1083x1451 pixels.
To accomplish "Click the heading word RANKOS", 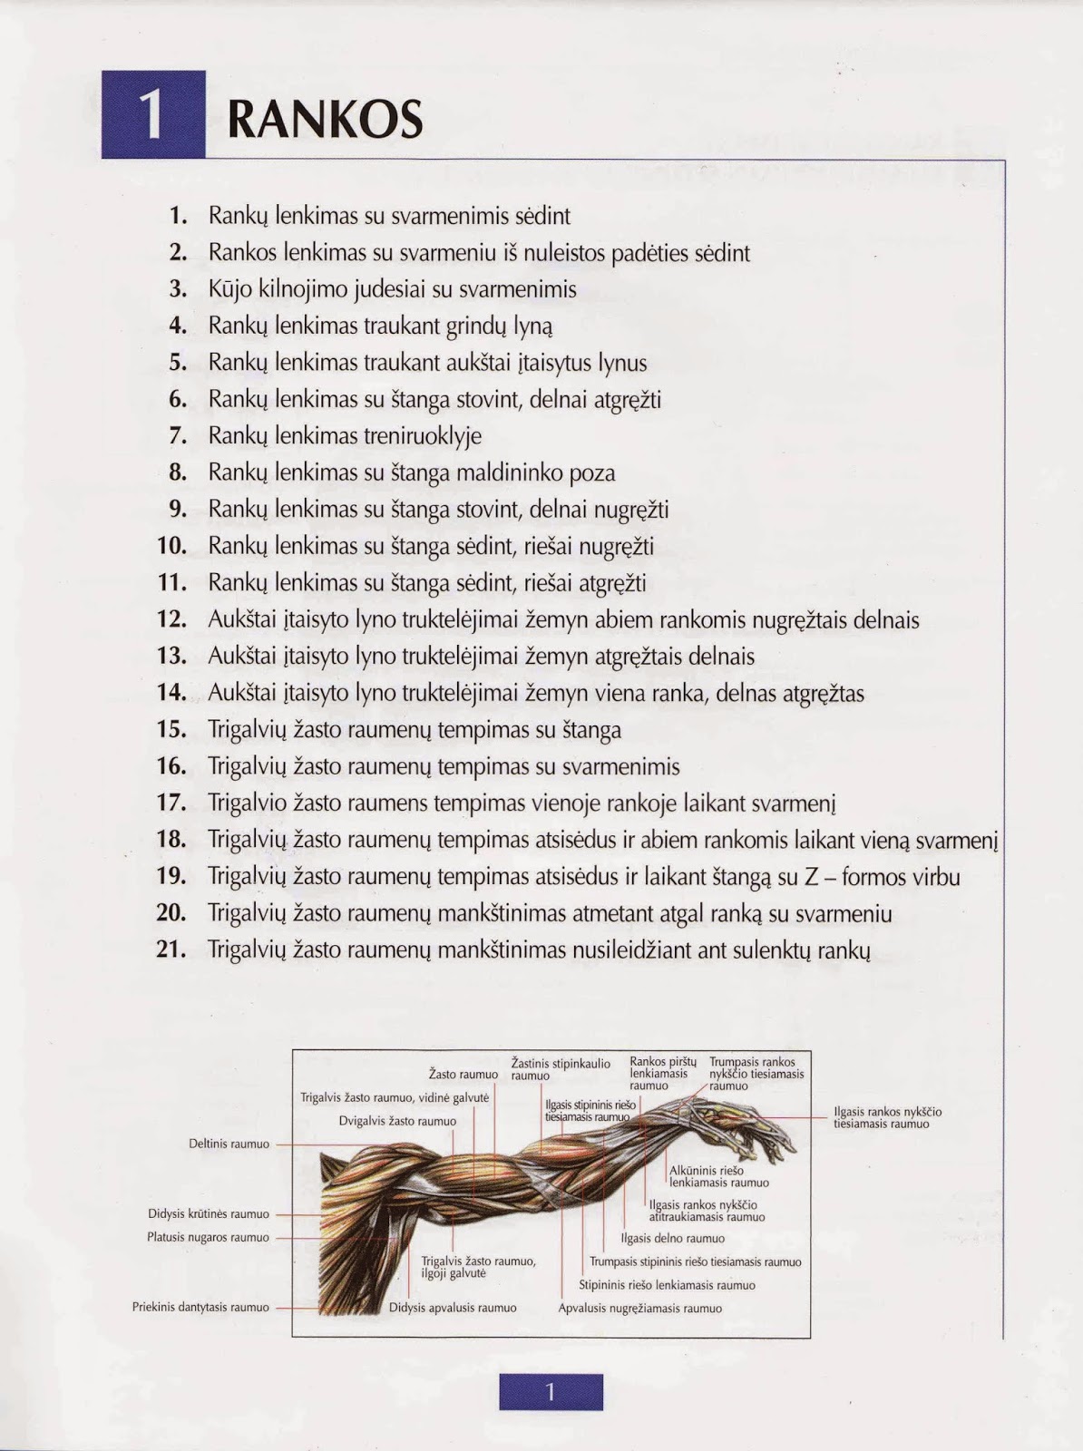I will click(x=325, y=118).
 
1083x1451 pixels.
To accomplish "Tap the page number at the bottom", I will click(x=550, y=1392).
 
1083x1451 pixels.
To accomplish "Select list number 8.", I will click(x=178, y=472).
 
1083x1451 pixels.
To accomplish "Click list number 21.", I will click(x=171, y=949).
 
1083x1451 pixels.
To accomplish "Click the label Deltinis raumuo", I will click(x=229, y=1144).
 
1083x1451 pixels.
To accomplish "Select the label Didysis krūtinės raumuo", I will click(x=209, y=1213).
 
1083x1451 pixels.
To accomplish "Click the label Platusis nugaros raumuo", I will click(x=208, y=1237).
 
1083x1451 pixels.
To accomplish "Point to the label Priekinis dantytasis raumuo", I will click(x=200, y=1308).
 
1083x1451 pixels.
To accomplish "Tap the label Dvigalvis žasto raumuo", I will click(x=397, y=1121).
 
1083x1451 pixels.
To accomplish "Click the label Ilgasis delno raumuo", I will click(x=672, y=1238).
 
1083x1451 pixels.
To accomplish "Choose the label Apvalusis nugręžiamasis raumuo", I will click(x=640, y=1309).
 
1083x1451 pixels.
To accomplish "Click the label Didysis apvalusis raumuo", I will click(x=453, y=1308).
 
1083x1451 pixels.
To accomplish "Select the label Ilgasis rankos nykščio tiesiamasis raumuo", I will click(x=887, y=1117).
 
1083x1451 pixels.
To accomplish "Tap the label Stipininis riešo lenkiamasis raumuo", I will click(x=667, y=1285).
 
